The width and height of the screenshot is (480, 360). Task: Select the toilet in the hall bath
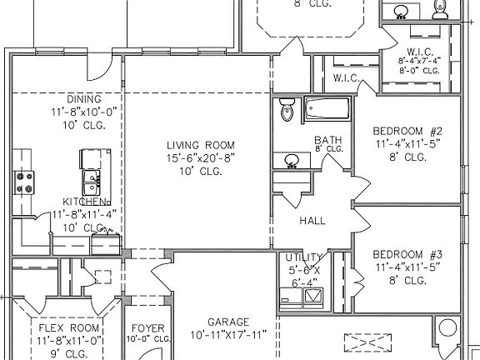tap(287, 109)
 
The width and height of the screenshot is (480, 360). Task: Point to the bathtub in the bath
tap(327, 108)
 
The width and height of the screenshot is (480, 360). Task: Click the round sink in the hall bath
tap(292, 160)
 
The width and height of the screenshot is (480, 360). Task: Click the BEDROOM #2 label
tap(406, 130)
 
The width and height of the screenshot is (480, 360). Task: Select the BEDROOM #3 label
tap(406, 253)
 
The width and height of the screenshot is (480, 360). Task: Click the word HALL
tap(312, 221)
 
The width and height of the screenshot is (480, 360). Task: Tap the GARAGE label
tap(227, 322)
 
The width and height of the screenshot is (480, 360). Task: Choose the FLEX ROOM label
tap(69, 327)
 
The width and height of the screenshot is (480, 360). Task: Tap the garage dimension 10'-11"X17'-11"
tap(228, 335)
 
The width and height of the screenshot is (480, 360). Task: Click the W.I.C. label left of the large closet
tap(345, 79)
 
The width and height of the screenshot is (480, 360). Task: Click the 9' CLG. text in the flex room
tap(69, 352)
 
